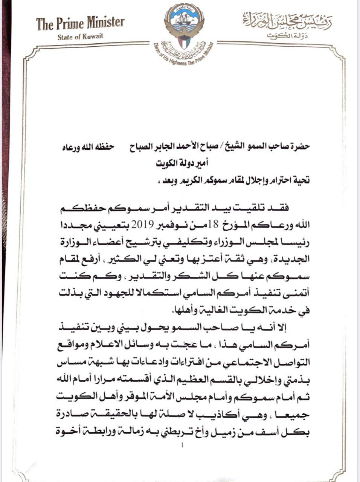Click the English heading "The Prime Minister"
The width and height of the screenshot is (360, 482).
tap(80, 24)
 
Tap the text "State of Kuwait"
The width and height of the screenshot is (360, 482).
tap(80, 36)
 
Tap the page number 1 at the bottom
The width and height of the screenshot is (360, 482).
tap(182, 446)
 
